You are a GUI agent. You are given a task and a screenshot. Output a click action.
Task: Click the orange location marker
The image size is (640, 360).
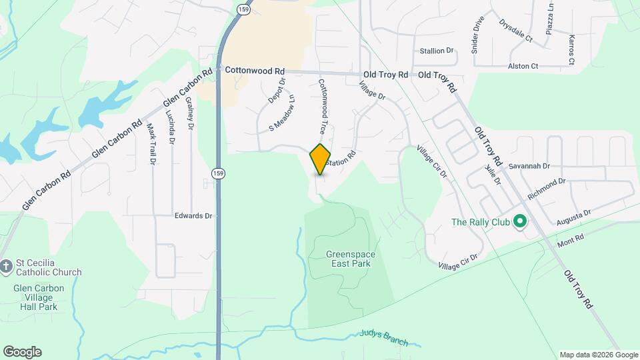pyautogui.click(x=321, y=159)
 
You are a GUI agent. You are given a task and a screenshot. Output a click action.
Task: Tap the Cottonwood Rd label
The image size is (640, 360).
pyautogui.click(x=255, y=70)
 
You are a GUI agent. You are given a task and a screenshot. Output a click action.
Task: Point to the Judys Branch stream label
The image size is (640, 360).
pyautogui.click(x=384, y=337)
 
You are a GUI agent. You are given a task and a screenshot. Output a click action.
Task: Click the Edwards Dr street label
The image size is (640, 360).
pyautogui.click(x=193, y=216)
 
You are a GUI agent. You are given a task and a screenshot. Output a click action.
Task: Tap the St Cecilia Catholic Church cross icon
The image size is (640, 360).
pyautogui.click(x=6, y=267)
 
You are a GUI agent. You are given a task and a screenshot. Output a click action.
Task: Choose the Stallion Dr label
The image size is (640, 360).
pyautogui.click(x=437, y=51)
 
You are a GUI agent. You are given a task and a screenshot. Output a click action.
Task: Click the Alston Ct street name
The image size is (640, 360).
pyautogui.click(x=523, y=67)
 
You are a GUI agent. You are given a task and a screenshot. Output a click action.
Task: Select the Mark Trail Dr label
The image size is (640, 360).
pyautogui.click(x=151, y=144)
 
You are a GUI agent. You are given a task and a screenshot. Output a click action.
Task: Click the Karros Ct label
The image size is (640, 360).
pyautogui.click(x=571, y=50)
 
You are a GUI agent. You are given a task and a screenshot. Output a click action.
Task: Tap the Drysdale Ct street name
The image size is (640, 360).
pyautogui.click(x=515, y=31)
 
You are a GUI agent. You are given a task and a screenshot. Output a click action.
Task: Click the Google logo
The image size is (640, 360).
pyautogui.click(x=22, y=352)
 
